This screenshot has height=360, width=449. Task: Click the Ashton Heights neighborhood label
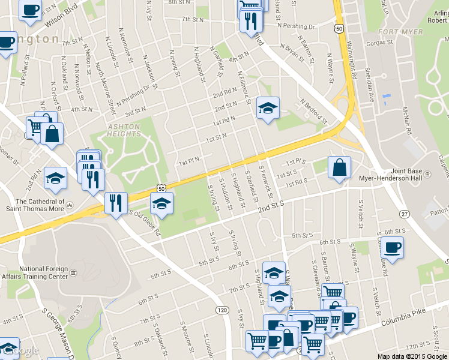(124, 130)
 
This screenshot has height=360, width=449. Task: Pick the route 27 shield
(405, 214)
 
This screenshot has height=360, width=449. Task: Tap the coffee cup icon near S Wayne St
(392, 247)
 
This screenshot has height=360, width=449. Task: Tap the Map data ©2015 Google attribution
(412, 356)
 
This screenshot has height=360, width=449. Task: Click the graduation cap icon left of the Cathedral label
(55, 178)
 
